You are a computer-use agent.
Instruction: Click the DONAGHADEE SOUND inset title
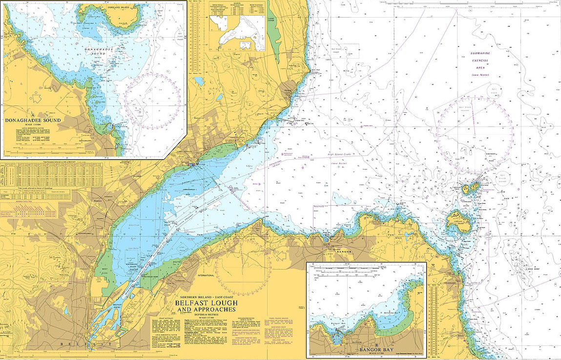33,120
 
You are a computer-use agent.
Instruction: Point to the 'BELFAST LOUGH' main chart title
206,303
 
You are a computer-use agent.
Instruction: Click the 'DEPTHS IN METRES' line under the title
206,315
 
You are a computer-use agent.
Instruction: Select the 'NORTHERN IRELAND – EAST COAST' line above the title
206,297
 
